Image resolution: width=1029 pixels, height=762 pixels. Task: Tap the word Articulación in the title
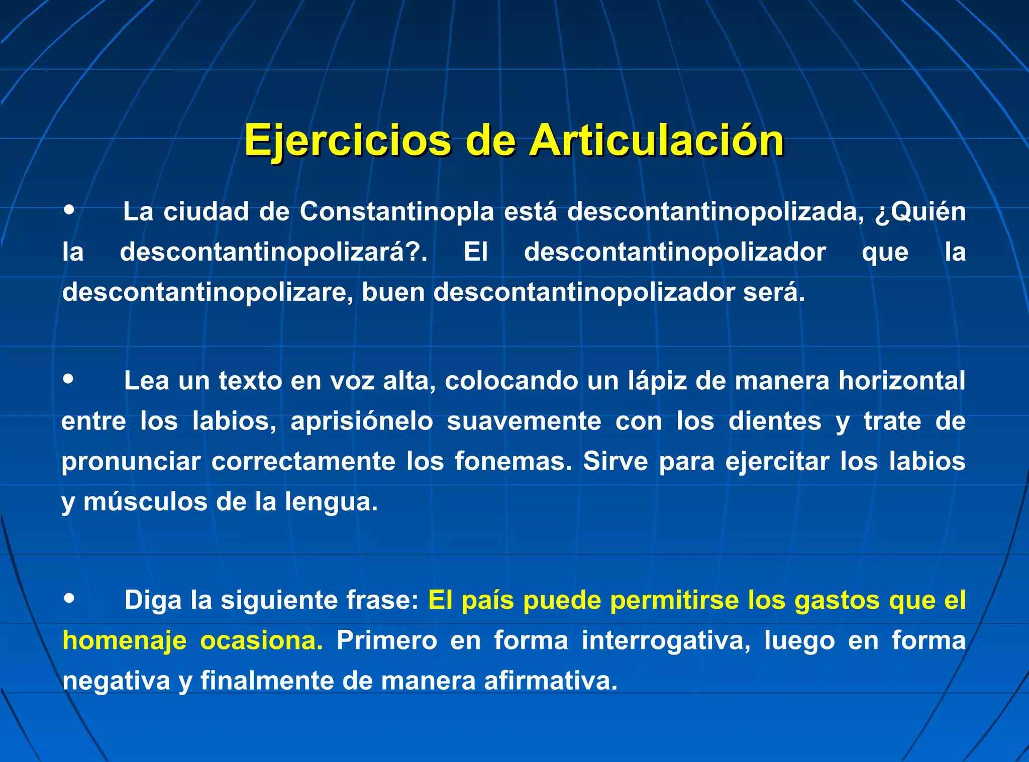[656, 141]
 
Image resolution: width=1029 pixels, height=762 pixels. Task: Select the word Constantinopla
[397, 211]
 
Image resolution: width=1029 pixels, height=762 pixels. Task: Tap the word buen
[393, 292]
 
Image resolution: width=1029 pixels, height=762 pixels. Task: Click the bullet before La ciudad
[69, 209]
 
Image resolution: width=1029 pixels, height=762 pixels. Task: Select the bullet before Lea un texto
[69, 379]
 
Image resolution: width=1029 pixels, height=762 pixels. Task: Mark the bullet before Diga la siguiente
[69, 598]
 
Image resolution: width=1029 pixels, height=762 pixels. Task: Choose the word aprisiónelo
[362, 421]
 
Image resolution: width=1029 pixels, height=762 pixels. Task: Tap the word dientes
[775, 421]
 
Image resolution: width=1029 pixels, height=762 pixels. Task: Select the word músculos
[145, 502]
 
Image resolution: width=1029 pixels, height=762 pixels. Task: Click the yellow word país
[488, 600]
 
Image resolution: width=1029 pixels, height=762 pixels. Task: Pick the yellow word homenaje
[125, 641]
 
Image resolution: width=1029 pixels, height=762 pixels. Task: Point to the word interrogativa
[666, 641]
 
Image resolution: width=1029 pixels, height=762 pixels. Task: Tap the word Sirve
[615, 462]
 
